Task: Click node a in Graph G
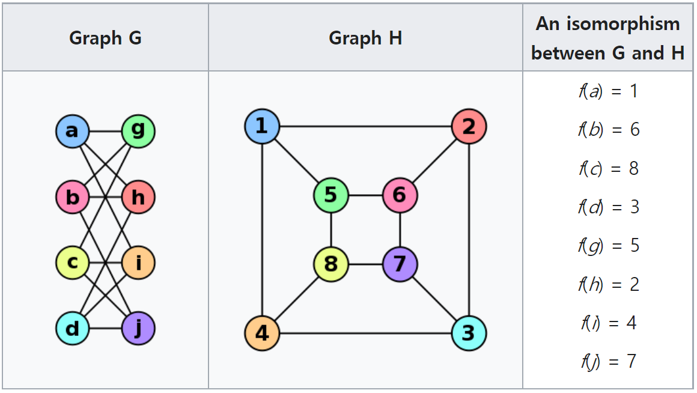point(72,131)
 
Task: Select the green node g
point(138,131)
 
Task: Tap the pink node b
point(72,197)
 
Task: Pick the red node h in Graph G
point(138,197)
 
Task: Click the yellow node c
point(72,263)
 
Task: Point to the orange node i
point(138,263)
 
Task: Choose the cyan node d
point(72,328)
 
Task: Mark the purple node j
point(138,328)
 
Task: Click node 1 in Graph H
point(262,127)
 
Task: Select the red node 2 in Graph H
point(469,127)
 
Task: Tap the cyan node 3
point(469,333)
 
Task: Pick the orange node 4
point(262,333)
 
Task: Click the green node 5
point(330,195)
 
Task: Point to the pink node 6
point(400,195)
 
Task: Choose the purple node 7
point(400,264)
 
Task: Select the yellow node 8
point(330,264)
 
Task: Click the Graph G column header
point(105,38)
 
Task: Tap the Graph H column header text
point(365,38)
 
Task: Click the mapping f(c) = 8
point(608,168)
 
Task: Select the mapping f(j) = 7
point(608,362)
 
